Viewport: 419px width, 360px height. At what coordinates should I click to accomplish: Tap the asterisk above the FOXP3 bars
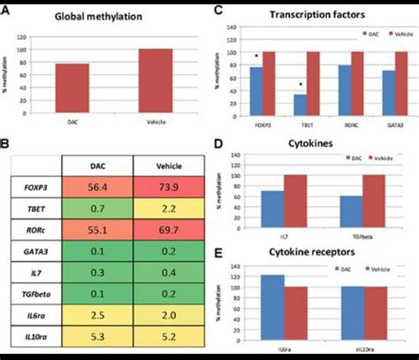coord(256,58)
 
